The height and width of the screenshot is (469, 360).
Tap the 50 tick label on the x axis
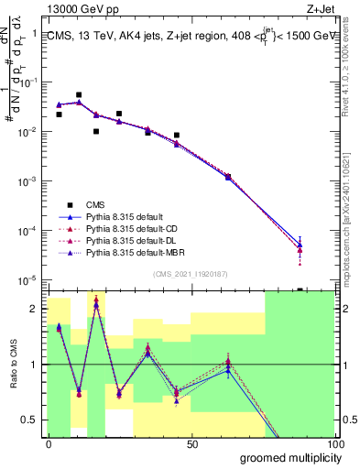pyautogui.click(x=192, y=443)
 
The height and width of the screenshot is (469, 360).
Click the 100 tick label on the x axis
pyautogui.click(x=335, y=443)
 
